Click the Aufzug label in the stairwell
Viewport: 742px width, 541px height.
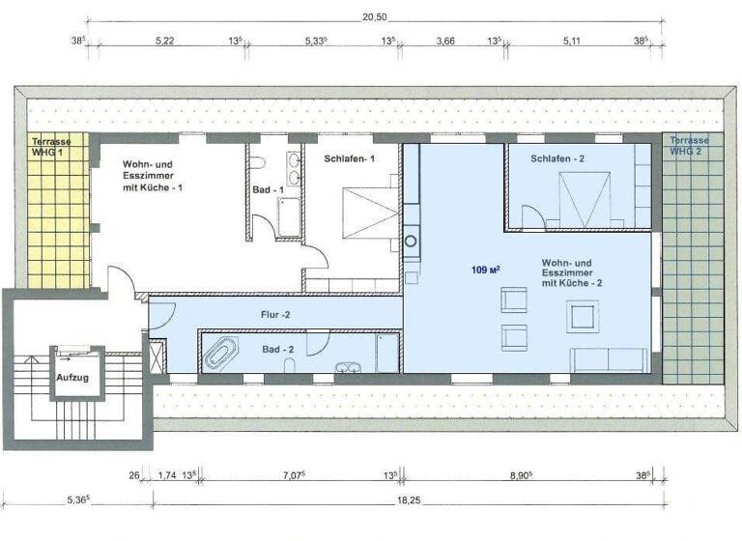[72, 377]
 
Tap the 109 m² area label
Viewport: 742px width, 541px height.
[486, 269]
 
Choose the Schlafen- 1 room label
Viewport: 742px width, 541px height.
[349, 158]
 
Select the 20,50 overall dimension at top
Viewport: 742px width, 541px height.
[375, 17]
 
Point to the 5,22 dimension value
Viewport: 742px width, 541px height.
[165, 42]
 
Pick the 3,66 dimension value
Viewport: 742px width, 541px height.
[445, 42]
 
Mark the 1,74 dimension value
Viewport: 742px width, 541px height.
[165, 474]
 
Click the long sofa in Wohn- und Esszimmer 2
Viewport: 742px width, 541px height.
[610, 359]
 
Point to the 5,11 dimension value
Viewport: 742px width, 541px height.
[572, 42]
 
